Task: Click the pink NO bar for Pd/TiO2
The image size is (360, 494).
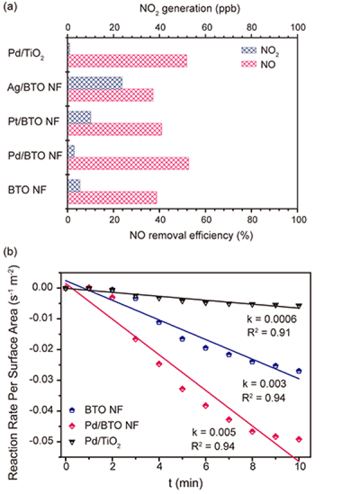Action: pos(127,61)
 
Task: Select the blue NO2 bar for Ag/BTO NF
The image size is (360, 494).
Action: pos(95,83)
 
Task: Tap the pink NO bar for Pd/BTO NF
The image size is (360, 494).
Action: pos(128,163)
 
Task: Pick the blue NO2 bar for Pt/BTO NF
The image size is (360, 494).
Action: pos(79,117)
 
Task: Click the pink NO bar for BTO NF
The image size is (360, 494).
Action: pos(112,197)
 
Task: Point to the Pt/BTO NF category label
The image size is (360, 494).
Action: pos(34,122)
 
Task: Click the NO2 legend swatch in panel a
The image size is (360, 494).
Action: pos(248,51)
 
